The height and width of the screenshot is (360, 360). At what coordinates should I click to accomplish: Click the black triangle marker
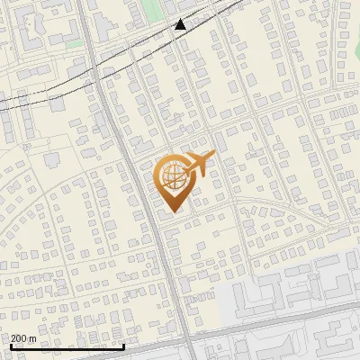click(181, 24)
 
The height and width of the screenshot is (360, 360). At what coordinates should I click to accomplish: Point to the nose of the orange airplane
click(214, 155)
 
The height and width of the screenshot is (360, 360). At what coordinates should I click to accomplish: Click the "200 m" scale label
click(23, 337)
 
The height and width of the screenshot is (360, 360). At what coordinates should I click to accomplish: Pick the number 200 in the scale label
click(19, 337)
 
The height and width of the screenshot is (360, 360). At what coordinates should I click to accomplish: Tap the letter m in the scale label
click(32, 337)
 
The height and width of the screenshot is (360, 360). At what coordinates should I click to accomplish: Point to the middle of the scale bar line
click(67, 346)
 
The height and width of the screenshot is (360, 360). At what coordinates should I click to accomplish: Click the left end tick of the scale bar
click(10, 345)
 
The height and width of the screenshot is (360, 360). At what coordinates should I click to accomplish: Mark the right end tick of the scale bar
click(123, 345)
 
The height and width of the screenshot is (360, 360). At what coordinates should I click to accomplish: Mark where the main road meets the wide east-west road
click(191, 337)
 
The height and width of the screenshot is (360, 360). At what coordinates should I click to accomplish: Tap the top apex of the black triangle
click(181, 18)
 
